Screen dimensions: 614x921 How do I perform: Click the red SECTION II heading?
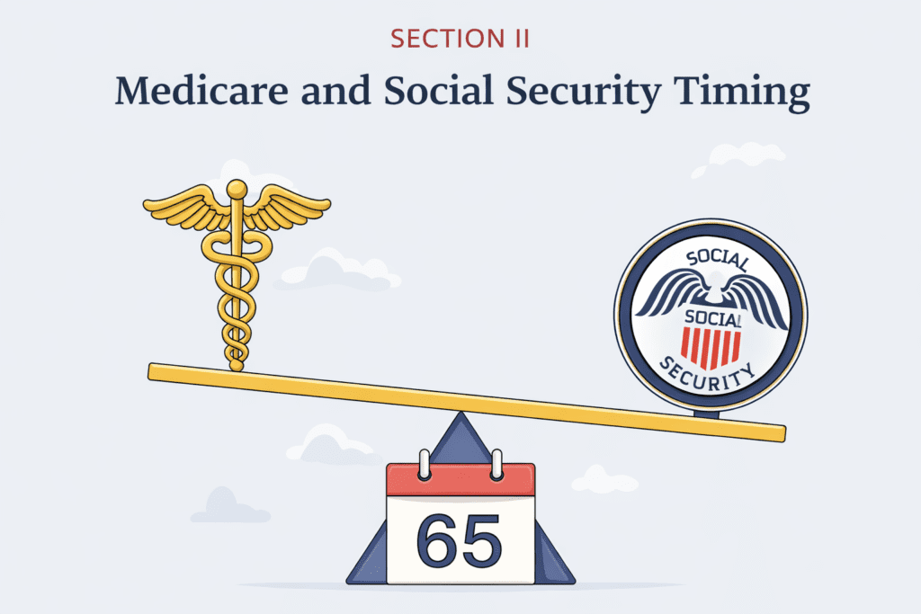tap(460, 40)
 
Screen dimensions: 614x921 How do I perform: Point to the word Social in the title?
tap(427, 93)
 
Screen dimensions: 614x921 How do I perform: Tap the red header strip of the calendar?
tap(460, 480)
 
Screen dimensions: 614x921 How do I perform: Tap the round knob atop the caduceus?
tap(237, 190)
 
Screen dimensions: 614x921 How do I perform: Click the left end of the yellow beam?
tap(155, 369)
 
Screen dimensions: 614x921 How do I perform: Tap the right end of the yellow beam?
tap(779, 433)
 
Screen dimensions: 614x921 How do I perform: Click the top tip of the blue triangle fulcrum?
tap(460, 415)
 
